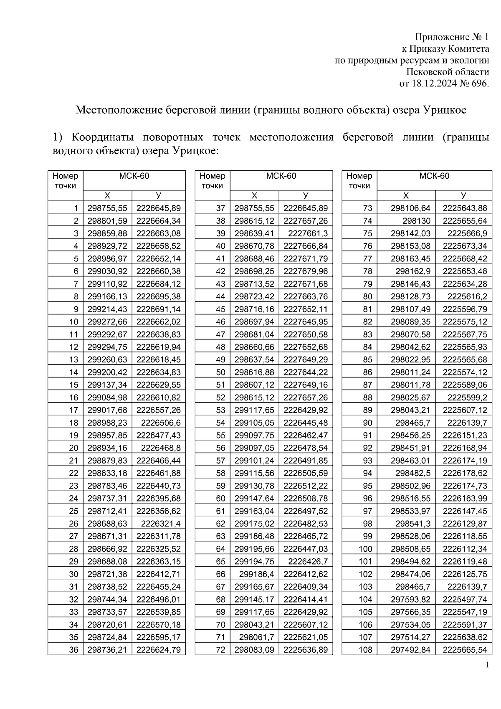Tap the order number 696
click(480, 83)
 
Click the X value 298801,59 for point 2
click(107, 220)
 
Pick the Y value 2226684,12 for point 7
click(159, 284)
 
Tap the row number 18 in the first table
click(74, 423)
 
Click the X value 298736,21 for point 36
click(107, 650)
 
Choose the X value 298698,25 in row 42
click(254, 271)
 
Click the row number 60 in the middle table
click(220, 498)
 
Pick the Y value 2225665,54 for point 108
click(465, 650)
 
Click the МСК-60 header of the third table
click(434, 176)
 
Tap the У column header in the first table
click(159, 195)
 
